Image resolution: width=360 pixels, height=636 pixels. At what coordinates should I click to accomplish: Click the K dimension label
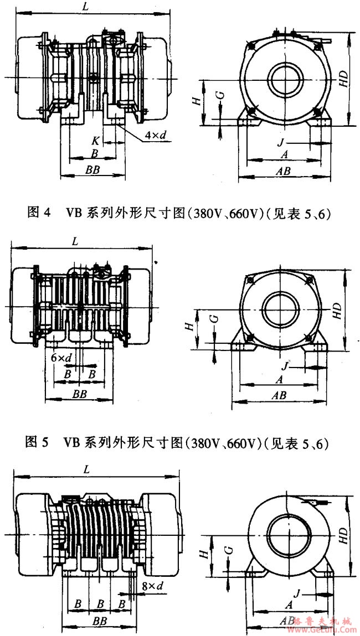[x=95, y=142]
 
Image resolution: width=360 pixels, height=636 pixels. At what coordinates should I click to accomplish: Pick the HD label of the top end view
[x=343, y=79]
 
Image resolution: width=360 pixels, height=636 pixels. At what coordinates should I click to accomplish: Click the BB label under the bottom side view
[x=100, y=622]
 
